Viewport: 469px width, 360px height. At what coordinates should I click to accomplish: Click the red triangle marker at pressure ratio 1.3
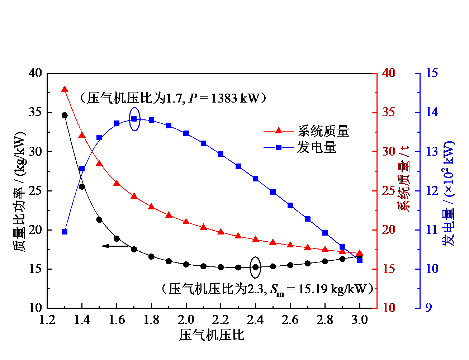[65, 89]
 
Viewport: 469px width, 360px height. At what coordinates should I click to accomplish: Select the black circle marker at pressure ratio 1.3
[65, 115]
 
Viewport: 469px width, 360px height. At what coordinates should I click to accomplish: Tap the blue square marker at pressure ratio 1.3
[65, 232]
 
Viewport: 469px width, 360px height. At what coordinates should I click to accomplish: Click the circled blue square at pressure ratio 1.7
[134, 119]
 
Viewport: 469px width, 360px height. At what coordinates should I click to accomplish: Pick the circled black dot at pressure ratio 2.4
[255, 267]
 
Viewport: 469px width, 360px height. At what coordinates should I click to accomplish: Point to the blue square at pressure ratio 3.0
[360, 260]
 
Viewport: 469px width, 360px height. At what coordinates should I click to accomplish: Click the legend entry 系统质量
[323, 131]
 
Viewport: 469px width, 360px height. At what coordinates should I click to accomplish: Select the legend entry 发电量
[316, 147]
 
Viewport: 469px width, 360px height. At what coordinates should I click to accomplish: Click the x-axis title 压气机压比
[212, 335]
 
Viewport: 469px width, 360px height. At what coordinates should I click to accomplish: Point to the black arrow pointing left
[115, 246]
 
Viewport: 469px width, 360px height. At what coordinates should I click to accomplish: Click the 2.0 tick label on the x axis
[186, 319]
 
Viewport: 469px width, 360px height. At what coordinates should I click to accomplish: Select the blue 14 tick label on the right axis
[432, 112]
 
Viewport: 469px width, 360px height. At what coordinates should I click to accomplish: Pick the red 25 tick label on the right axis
[388, 190]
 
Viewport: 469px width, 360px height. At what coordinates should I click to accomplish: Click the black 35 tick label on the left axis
[35, 112]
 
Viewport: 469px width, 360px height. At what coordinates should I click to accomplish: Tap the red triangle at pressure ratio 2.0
[186, 222]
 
